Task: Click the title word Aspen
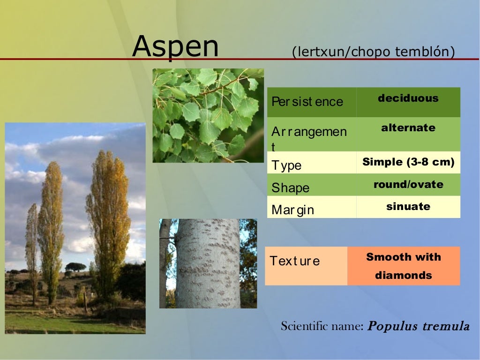point(175,47)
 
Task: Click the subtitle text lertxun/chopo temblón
point(373,52)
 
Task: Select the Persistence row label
point(307,102)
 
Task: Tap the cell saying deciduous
point(408,98)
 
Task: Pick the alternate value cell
point(408,128)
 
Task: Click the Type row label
point(286,165)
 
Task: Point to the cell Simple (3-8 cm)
point(408,162)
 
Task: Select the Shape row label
point(291,187)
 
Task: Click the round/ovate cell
point(408,184)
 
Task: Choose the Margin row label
point(293,210)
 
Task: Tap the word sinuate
point(408,206)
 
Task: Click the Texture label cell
point(295,261)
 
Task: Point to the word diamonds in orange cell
point(403,275)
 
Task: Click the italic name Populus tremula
point(418,326)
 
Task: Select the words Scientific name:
point(322,326)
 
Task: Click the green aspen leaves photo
point(208,115)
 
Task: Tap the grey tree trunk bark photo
point(208,263)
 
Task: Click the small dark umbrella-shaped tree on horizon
point(75,267)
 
